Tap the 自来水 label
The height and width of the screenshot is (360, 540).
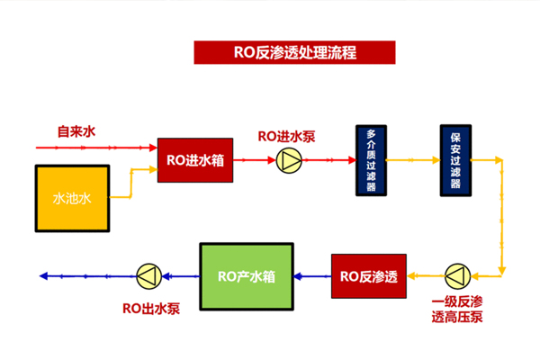point(76,132)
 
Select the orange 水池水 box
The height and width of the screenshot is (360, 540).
point(72,196)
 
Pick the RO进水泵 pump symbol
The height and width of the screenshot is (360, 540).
point(290,160)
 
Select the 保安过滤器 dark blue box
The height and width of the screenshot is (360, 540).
point(455,160)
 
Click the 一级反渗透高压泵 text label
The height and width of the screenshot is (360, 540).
point(457,308)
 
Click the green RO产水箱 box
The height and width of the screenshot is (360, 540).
point(246,274)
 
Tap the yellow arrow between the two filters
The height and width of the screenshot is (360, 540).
point(412,160)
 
